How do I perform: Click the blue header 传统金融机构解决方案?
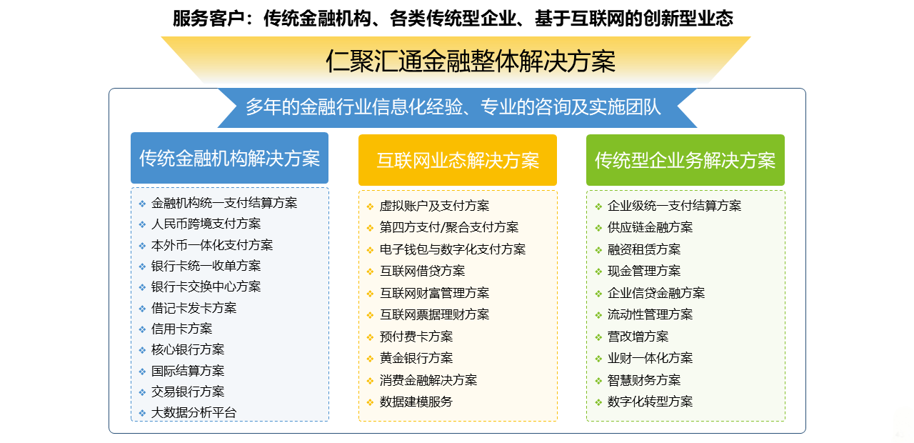pyautogui.click(x=229, y=158)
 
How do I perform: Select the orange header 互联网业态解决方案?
pyautogui.click(x=458, y=160)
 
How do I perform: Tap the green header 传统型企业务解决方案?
pyautogui.click(x=685, y=160)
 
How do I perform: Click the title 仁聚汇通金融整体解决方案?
pyautogui.click(x=471, y=61)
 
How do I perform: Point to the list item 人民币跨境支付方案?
pyautogui.click(x=206, y=224)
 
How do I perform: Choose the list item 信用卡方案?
pyautogui.click(x=182, y=329)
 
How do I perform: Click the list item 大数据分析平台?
pyautogui.click(x=194, y=412)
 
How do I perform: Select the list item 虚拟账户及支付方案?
pyautogui.click(x=435, y=206)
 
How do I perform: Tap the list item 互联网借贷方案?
pyautogui.click(x=422, y=271)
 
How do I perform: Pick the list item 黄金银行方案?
pyautogui.click(x=416, y=358)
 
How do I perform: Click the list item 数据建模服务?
pyautogui.click(x=416, y=402)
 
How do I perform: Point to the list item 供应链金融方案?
pyautogui.click(x=650, y=227)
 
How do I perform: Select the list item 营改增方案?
pyautogui.click(x=638, y=337)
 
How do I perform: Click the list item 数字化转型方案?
pyautogui.click(x=650, y=402)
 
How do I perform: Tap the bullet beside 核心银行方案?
pyautogui.click(x=142, y=350)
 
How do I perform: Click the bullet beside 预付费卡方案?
pyautogui.click(x=370, y=337)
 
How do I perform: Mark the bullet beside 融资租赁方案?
pyautogui.click(x=598, y=250)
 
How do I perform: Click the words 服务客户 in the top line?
pyautogui.click(x=209, y=19)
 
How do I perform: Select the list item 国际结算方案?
pyautogui.click(x=188, y=371)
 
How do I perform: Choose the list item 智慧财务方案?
pyautogui.click(x=644, y=380)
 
